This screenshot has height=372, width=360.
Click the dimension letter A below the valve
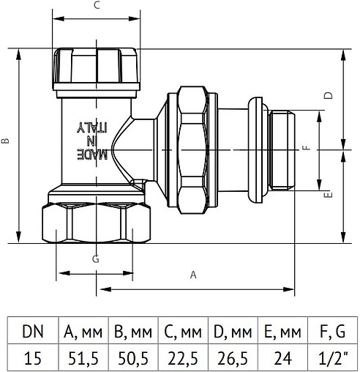point(193,275)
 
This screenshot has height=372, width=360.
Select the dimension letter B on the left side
point(6,142)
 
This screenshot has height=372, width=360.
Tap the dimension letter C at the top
point(97,6)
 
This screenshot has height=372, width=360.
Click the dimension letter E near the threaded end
point(329,195)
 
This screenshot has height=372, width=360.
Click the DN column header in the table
point(32,331)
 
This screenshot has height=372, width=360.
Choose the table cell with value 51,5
point(83,357)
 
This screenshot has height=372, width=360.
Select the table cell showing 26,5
point(233,357)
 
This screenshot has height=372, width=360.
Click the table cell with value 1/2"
point(333,357)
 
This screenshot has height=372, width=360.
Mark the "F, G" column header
point(333,331)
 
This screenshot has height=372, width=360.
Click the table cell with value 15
point(32,357)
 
